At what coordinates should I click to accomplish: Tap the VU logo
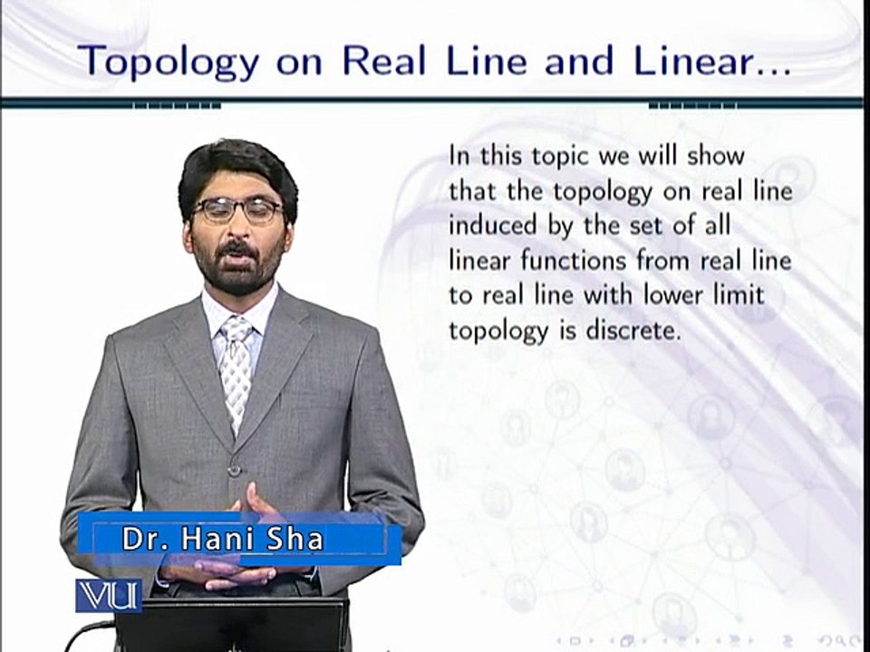click(108, 594)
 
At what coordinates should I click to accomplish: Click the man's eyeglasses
click(237, 211)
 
